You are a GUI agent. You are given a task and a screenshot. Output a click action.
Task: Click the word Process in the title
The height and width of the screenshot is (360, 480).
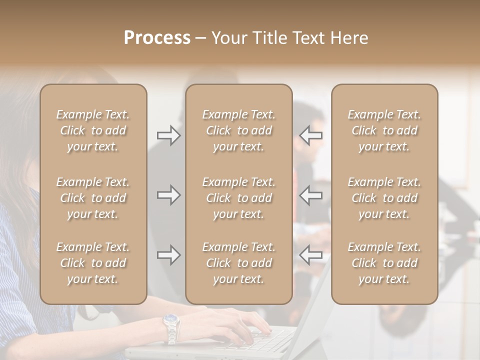[x=157, y=38]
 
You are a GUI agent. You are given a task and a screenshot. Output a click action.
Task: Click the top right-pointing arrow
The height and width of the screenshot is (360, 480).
[x=168, y=135]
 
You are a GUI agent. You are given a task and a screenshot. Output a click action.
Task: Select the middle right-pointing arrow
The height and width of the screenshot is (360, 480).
[x=168, y=195]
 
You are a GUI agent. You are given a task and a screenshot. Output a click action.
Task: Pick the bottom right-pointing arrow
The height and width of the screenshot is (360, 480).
[x=168, y=255]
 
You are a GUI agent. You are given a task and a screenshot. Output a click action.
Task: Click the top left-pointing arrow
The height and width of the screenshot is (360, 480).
[x=311, y=135]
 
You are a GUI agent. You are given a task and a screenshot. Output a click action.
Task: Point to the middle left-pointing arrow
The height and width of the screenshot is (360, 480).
[x=311, y=195]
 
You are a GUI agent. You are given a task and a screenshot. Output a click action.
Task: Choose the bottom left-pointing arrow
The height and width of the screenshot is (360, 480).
[x=311, y=255]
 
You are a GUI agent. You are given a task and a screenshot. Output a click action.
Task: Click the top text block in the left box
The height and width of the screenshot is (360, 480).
[x=93, y=130]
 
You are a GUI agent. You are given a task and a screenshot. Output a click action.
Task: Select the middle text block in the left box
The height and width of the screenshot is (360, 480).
[x=93, y=198]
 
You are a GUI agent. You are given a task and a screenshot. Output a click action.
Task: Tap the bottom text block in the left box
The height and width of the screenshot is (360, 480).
[x=93, y=263]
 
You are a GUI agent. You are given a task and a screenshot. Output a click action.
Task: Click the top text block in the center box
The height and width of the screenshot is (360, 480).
[x=238, y=130]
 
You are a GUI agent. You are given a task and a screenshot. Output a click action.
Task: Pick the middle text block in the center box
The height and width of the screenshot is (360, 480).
[x=238, y=198]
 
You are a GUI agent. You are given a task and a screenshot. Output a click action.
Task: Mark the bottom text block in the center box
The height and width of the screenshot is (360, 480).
[x=238, y=263]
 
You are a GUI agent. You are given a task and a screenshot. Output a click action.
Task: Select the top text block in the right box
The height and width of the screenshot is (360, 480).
[x=384, y=130]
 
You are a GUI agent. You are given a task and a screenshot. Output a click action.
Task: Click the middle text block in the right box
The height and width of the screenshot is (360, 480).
[x=384, y=198]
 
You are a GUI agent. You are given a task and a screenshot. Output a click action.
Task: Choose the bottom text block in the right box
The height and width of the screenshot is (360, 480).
[x=384, y=263]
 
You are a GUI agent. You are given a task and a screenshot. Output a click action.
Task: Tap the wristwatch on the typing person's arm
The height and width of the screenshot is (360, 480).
[x=171, y=325]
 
